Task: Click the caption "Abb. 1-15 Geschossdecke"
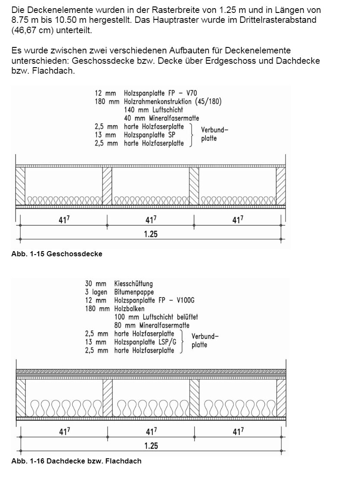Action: tap(57, 254)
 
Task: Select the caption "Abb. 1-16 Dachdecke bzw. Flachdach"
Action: tap(76, 461)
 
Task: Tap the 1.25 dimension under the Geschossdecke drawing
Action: tap(151, 234)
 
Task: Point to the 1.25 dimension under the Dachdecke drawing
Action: tap(151, 445)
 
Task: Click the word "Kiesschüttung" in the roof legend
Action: tap(133, 284)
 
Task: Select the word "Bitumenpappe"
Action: tap(134, 292)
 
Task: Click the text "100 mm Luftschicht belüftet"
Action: tap(156, 317)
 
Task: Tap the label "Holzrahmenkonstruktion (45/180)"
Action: tap(173, 102)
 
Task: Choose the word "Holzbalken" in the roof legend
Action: tap(129, 309)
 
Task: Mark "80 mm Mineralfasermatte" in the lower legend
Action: tap(152, 325)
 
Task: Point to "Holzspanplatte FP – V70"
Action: tap(160, 93)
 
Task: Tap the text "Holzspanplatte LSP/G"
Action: tap(145, 342)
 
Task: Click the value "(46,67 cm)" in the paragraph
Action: tap(28, 31)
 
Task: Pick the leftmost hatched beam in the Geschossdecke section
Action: tap(20, 186)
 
